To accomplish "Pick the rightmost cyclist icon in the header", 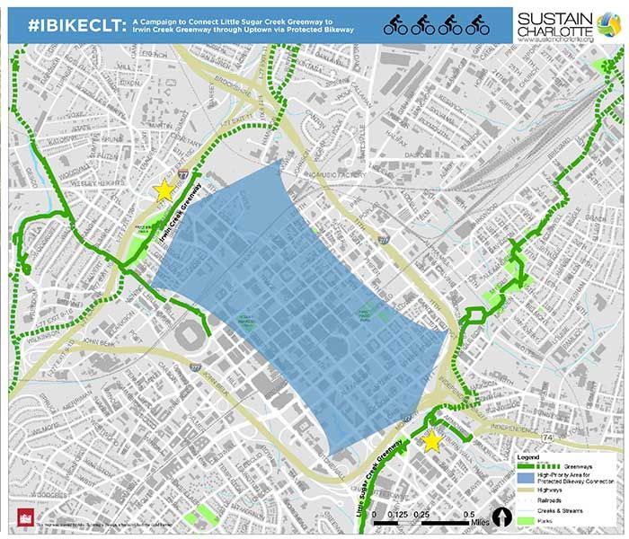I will point(477,23).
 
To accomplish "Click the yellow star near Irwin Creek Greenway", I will point(164,190).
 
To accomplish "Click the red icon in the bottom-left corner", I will point(24,520).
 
